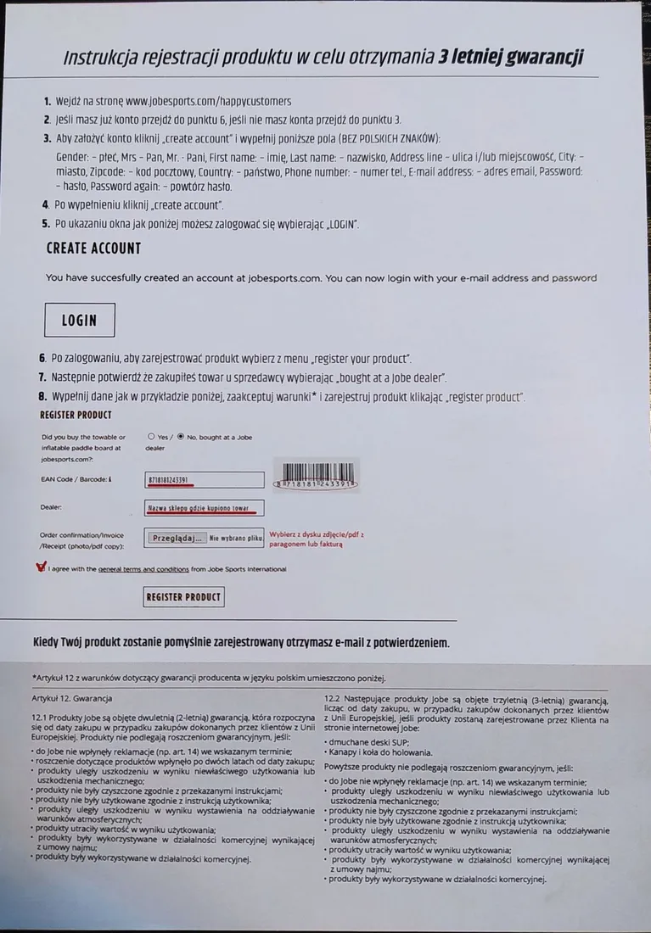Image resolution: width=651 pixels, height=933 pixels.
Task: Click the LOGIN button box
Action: pyautogui.click(x=79, y=321)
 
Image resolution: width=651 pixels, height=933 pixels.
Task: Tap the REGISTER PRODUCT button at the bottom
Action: pyautogui.click(x=183, y=597)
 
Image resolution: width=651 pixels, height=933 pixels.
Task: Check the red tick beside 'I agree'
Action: pyautogui.click(x=41, y=568)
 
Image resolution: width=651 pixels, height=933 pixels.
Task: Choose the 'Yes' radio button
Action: pyautogui.click(x=151, y=437)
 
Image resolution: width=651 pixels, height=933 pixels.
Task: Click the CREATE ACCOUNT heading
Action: pyautogui.click(x=93, y=249)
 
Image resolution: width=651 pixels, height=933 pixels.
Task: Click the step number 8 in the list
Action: pyautogui.click(x=42, y=397)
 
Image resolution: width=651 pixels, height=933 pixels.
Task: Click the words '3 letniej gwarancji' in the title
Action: pyautogui.click(x=511, y=57)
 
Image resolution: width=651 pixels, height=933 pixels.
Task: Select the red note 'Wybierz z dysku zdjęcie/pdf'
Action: pyautogui.click(x=316, y=534)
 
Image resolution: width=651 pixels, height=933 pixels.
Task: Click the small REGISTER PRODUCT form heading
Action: pyautogui.click(x=76, y=415)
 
